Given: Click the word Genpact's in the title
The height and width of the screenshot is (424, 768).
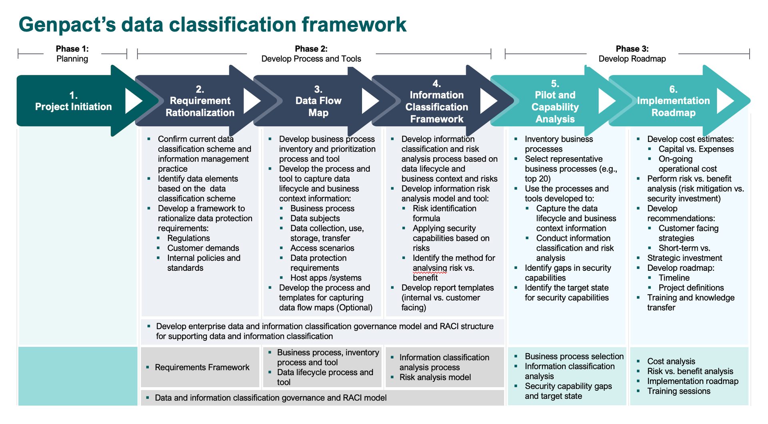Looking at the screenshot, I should pos(67,25).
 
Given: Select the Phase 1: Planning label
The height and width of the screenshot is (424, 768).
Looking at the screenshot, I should pos(72,54).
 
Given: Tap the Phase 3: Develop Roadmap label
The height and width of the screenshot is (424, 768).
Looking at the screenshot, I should pos(632,54).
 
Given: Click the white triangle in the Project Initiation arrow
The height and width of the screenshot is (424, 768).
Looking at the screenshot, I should pos(133,101).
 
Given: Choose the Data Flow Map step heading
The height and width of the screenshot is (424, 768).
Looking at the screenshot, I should pos(318,101).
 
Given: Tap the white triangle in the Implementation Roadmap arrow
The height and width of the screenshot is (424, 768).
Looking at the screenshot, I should pos(724,101).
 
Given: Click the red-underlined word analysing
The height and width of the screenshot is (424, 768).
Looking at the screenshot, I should pos(430,268).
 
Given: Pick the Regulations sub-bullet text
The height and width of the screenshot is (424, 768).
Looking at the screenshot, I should pos(188,238).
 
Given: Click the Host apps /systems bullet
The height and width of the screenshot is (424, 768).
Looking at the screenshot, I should pos(326,278).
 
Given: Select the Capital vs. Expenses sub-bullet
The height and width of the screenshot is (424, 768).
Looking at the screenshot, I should pos(696,149).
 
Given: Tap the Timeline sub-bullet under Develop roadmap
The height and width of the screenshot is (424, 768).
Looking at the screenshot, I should pos(674,278).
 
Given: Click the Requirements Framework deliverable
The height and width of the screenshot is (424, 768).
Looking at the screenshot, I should pos(202,367).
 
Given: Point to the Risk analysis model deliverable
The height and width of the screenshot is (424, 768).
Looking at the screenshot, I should pos(435,377).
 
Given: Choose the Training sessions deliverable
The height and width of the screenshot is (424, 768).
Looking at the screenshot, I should pos(679,391).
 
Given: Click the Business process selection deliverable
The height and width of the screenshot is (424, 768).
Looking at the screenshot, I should pos(574,356).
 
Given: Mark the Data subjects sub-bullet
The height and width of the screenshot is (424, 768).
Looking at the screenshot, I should pos(315,218).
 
